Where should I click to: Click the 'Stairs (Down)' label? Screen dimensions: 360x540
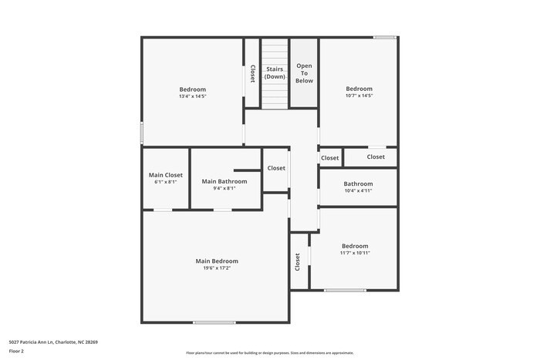pos(275,72)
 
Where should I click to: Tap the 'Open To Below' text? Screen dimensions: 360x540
pos(304,72)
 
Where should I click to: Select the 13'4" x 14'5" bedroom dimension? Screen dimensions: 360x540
pos(192,96)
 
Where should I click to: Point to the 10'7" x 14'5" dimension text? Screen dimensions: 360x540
pos(359,96)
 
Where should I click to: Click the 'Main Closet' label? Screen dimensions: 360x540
pos(166,175)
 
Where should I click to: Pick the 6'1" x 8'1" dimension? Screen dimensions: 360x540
pos(166,182)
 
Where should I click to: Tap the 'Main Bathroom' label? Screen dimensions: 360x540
pos(224,181)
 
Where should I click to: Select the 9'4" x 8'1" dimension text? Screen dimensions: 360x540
pos(224,188)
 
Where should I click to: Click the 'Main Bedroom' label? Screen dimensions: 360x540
pos(217,261)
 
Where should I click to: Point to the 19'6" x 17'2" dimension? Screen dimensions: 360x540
pos(217,268)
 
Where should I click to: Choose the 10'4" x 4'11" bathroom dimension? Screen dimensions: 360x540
pos(358,190)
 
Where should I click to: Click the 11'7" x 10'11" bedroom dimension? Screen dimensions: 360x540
pos(355,253)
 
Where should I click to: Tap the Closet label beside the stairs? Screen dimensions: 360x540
pos(252,73)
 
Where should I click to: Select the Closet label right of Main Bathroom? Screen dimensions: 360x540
pos(276,168)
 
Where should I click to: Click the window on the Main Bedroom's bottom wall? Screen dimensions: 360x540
pos(214,322)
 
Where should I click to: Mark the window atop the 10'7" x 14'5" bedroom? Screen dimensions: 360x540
pos(384,37)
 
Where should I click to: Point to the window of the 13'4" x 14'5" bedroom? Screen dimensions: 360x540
pos(141,132)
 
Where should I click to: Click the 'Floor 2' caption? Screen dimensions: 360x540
pos(16,351)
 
